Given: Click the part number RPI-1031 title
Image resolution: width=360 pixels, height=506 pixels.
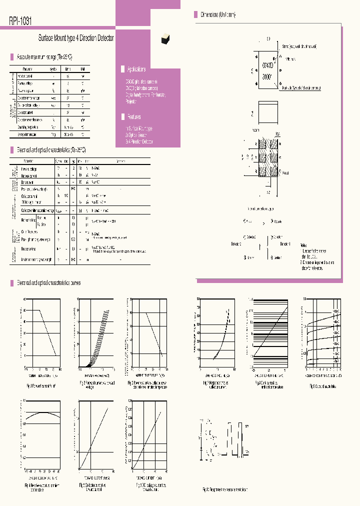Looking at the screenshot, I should (21, 21).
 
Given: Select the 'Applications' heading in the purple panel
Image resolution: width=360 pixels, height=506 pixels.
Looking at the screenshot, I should (136, 69).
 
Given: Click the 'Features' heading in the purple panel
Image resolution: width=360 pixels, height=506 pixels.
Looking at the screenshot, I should (133, 117).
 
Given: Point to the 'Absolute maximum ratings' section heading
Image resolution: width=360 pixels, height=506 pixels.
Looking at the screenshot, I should (44, 57).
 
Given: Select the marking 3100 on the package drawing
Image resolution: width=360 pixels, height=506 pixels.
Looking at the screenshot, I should (266, 77).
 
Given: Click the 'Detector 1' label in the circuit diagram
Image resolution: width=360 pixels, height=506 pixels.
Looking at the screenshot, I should (285, 243).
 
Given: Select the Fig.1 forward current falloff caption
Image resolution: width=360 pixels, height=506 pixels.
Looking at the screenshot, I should (41, 386).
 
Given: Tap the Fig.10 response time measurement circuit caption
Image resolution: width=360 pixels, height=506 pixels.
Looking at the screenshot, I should (224, 489).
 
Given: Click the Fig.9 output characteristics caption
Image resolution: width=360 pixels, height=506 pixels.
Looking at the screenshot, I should (322, 386).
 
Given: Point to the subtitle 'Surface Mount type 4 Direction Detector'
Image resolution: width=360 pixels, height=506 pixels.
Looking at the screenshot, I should (76, 38).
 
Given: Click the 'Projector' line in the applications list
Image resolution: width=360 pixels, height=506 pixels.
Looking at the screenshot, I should (131, 101).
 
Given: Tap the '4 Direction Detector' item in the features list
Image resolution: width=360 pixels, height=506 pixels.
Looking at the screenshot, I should (140, 142).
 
